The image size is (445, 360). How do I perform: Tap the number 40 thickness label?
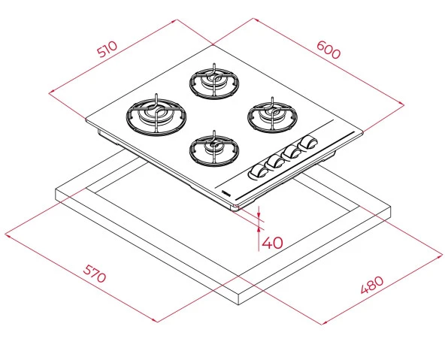273,242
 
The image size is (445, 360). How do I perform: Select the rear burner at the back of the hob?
213,80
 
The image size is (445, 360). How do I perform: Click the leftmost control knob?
257,172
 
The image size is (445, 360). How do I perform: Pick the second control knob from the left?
274,162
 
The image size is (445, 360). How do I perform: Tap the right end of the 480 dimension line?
442,256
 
